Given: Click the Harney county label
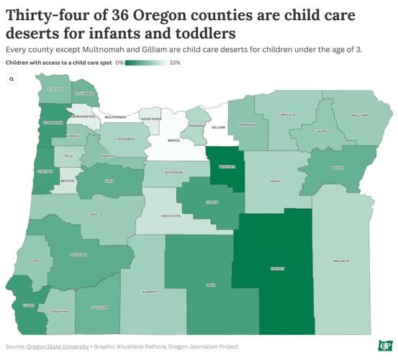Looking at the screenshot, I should (x=278, y=269).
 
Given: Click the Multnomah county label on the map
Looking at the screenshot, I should (x=116, y=117).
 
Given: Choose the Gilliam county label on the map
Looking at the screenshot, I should (x=218, y=127).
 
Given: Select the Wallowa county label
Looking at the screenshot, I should (x=360, y=115).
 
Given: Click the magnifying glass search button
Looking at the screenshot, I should (x=12, y=79).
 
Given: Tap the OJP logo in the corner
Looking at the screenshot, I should (x=385, y=345).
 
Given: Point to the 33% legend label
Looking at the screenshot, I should (x=174, y=63).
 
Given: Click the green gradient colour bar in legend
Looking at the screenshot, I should (x=146, y=63).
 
